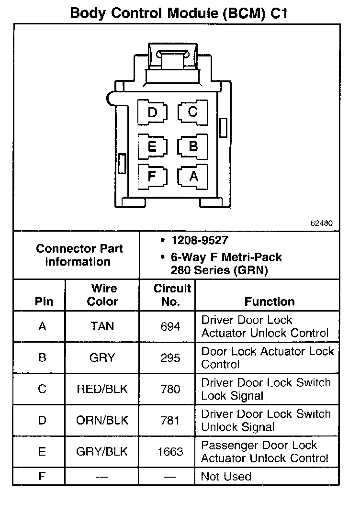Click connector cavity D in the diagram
point(152,113)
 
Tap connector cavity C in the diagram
point(192,112)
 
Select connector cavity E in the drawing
point(152,146)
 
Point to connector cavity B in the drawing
point(193,145)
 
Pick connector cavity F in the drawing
point(152,176)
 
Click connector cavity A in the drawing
point(193,176)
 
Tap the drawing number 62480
point(321,223)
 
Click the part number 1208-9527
point(200,240)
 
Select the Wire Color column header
point(103,295)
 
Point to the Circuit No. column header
point(172,295)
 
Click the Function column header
point(270,302)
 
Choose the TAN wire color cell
point(102,326)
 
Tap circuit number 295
point(170,358)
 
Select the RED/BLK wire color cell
point(102,389)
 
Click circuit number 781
point(170,421)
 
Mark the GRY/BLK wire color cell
point(102,452)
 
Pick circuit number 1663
point(170,452)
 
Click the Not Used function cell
point(226,476)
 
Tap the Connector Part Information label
point(79,255)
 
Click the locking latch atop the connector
point(172,60)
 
